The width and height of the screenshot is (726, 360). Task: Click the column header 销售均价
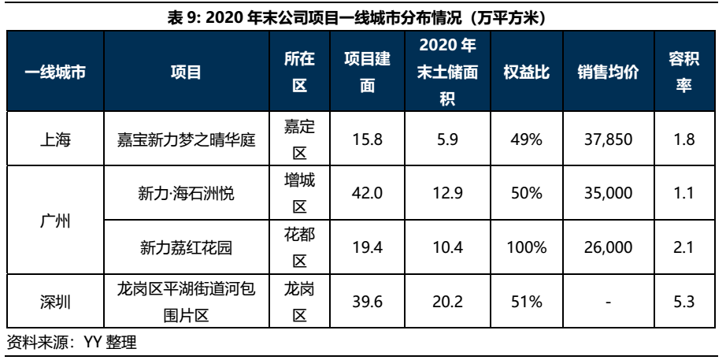point(607,72)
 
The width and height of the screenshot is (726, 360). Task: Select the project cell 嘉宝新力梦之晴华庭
point(186,139)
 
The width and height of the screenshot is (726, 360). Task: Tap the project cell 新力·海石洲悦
point(186,194)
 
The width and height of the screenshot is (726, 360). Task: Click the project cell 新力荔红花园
point(186,247)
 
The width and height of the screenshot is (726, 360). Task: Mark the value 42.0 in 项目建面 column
point(367,194)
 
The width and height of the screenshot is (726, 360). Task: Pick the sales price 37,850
point(607,139)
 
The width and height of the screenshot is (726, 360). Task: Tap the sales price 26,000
point(607,247)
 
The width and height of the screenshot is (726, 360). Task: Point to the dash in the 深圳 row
point(607,302)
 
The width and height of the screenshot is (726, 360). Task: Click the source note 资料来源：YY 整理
point(72,343)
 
